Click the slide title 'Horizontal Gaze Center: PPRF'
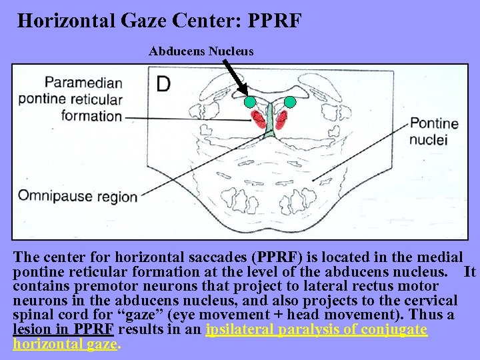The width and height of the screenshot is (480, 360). (x=159, y=20)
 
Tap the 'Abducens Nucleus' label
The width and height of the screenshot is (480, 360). (x=201, y=51)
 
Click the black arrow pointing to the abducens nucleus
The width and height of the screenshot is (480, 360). (x=234, y=77)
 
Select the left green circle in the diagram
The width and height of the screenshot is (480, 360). (x=249, y=102)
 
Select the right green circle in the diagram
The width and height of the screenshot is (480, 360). (x=290, y=102)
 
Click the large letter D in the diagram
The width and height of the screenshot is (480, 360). (x=165, y=85)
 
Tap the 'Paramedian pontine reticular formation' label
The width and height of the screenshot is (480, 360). (x=71, y=99)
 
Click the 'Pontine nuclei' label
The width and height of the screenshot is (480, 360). (x=434, y=131)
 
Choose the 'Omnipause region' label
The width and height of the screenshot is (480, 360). (x=77, y=196)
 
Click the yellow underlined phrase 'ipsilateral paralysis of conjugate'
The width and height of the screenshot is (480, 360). (x=317, y=330)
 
